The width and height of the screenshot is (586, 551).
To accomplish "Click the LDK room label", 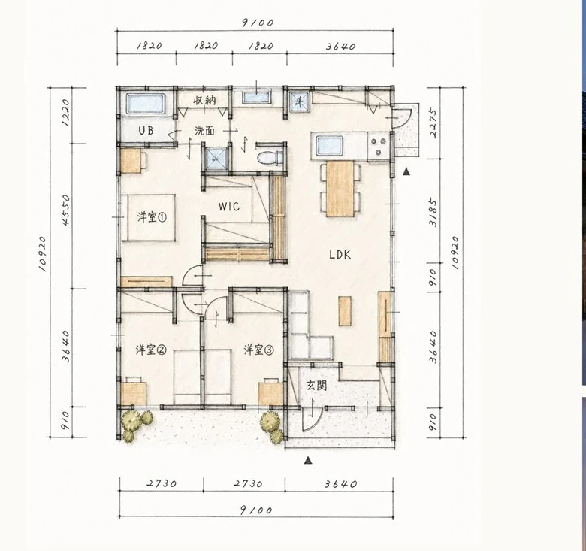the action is tap(340, 255).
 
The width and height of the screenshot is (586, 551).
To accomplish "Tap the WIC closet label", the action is tap(229, 207).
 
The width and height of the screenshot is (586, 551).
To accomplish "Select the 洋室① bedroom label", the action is tap(152, 217).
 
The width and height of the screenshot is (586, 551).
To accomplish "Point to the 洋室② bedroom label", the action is tap(150, 350).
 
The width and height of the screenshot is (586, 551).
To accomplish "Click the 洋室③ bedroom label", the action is tap(258, 350).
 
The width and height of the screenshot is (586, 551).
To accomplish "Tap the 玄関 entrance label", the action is tap(317, 386).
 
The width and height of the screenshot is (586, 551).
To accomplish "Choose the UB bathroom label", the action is tap(146, 131).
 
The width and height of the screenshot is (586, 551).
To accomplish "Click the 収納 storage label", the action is tap(205, 100).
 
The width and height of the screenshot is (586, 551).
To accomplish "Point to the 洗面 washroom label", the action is tap(204, 131).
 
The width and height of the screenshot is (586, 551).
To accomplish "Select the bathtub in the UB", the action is tap(146, 103).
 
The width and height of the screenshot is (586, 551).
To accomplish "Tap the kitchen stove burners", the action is tap(379, 147).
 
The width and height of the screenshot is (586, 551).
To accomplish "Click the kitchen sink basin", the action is tap(329, 145).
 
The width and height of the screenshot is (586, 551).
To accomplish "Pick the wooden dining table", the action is tap(340, 189).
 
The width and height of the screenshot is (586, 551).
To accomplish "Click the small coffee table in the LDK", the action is tap(345, 311).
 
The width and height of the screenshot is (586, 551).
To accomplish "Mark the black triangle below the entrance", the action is tap(308, 460).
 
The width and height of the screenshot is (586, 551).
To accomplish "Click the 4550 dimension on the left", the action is tap(66, 210).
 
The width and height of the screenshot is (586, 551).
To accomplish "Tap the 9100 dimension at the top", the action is tap(258, 23).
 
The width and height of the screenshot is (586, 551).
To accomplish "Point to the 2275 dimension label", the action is tap(433, 123).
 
